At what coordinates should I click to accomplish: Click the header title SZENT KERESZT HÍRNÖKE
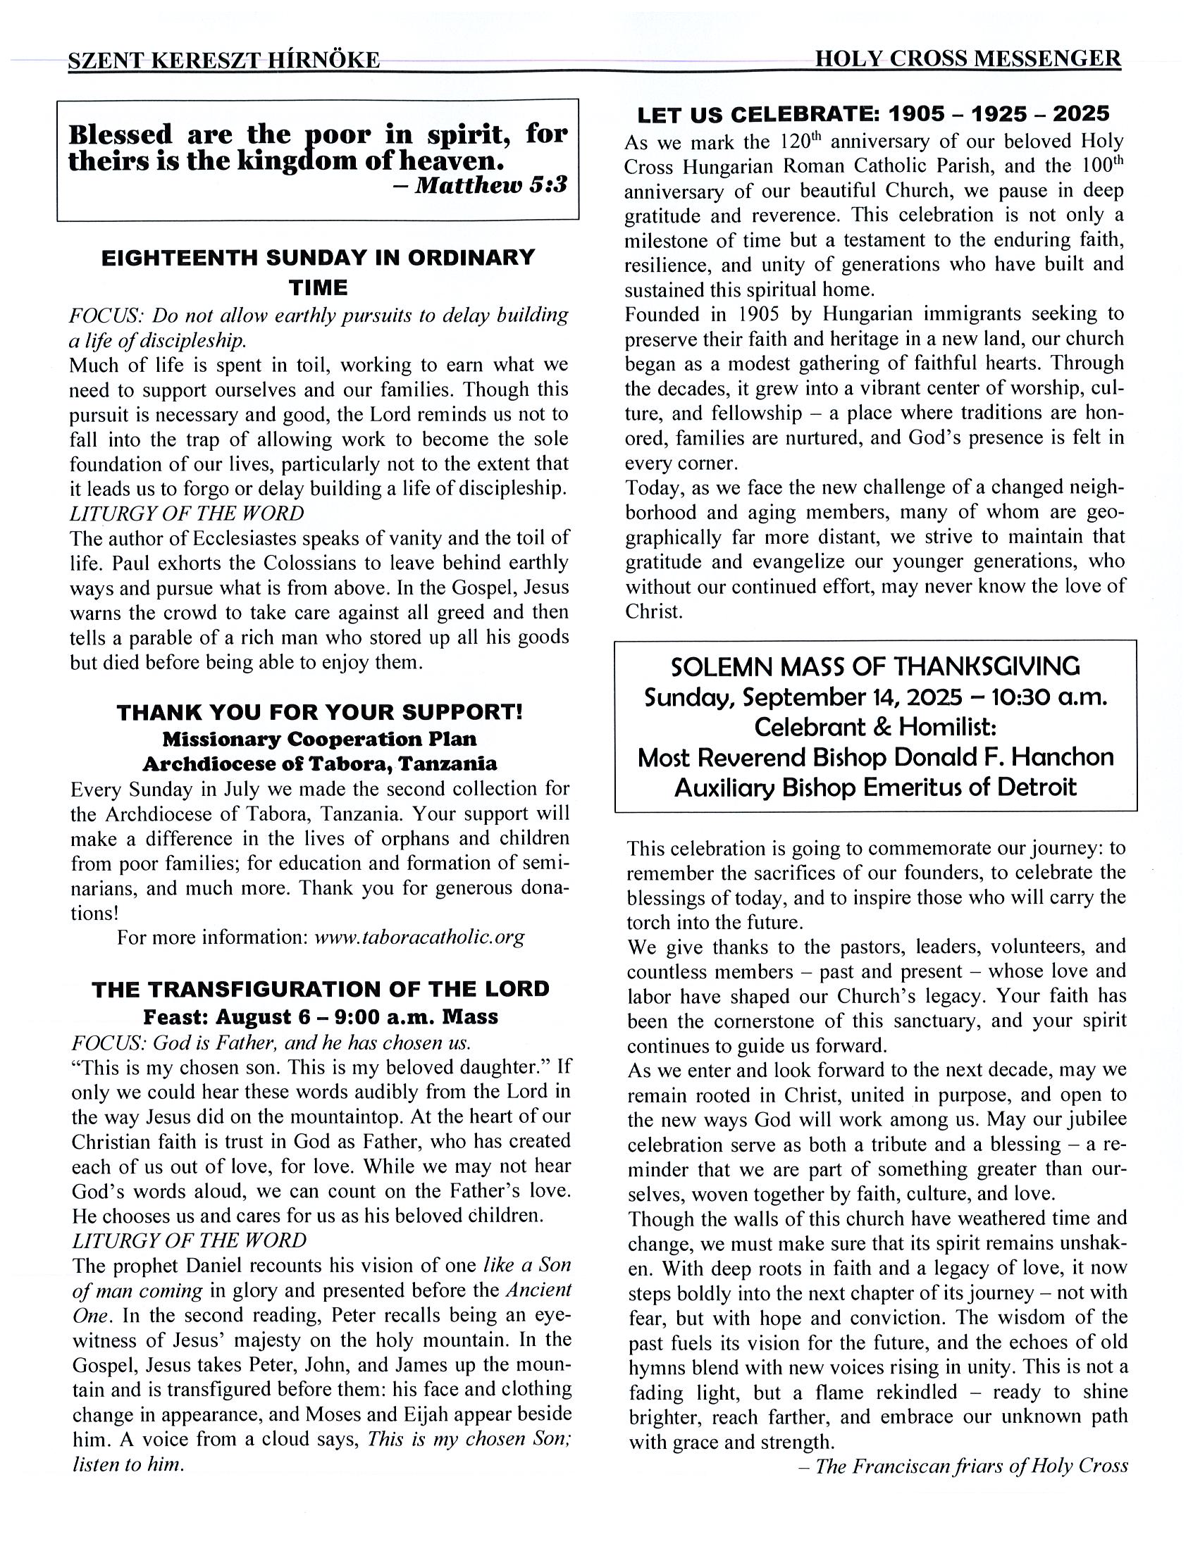(223, 61)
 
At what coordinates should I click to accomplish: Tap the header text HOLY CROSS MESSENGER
(968, 58)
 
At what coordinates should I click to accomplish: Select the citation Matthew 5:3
(490, 185)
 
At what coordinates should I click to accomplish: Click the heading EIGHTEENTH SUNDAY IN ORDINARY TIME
(319, 271)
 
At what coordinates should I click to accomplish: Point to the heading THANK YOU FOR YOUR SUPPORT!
(320, 712)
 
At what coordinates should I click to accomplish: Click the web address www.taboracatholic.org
(419, 938)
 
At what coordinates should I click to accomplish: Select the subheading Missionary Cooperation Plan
(320, 739)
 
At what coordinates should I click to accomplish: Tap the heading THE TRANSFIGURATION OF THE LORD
(321, 989)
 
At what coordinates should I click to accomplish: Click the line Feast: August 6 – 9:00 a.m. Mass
(321, 1016)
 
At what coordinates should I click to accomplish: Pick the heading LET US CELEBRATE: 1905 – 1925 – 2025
(873, 114)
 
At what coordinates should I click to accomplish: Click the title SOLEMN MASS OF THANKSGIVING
(874, 666)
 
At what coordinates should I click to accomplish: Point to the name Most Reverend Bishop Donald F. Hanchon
(874, 758)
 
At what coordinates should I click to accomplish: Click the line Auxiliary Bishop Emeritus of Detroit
(874, 787)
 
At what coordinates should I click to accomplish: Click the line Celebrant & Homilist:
(874, 728)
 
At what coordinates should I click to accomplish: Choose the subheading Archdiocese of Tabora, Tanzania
(320, 764)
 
